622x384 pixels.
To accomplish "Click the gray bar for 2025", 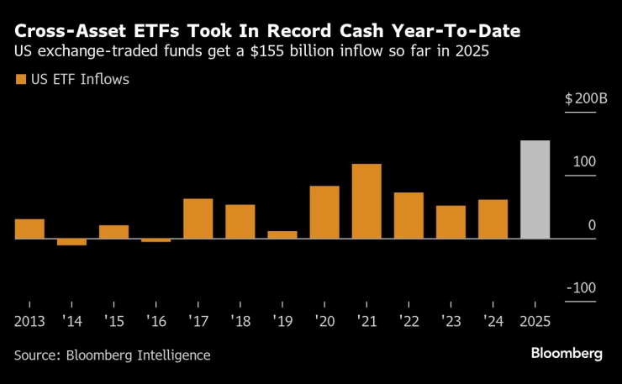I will click(535, 190).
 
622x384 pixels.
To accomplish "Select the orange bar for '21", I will click(366, 202).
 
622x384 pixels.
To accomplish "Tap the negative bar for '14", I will click(71, 242).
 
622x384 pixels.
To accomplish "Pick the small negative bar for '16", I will click(155, 240).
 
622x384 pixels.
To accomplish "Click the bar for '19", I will click(282, 234).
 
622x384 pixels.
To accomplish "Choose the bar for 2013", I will click(29, 229).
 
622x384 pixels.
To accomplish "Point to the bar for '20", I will click(324, 213).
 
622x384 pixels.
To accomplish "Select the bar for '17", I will click(198, 218).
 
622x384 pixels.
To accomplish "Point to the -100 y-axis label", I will click(581, 288).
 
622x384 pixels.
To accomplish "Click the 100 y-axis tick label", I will click(585, 161).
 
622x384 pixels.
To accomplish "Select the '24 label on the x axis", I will click(493, 322).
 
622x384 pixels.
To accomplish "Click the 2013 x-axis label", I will click(30, 322).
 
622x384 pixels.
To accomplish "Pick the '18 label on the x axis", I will click(240, 322).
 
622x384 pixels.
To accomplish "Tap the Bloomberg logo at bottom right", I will click(567, 354).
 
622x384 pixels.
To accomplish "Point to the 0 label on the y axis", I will click(592, 225).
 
